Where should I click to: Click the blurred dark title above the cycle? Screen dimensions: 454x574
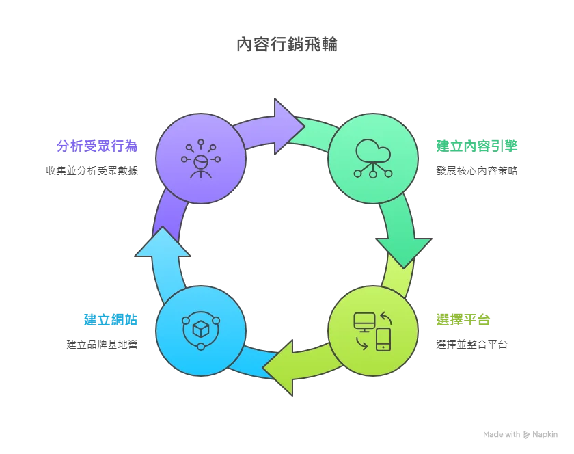[x=287, y=45]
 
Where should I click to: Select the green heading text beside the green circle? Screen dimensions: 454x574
[x=477, y=145]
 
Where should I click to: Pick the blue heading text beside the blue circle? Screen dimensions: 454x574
[x=112, y=319]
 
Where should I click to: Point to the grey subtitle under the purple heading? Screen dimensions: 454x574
[x=93, y=169]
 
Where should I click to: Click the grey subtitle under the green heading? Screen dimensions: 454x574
[x=476, y=169]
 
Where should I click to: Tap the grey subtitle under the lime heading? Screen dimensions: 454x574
[x=470, y=345]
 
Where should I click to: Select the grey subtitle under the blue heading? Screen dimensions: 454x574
[x=104, y=345]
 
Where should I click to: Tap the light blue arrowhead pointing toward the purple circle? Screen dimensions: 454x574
[x=162, y=243]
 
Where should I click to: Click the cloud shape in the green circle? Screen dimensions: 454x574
[x=373, y=150]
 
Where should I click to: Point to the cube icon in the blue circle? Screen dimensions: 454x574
[x=201, y=330]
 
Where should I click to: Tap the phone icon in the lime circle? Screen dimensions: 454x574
[x=383, y=339]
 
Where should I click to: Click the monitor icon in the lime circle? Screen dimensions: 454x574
[x=364, y=321]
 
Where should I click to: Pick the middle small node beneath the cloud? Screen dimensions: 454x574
[x=373, y=174]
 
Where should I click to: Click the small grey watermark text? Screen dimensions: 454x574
[x=519, y=431]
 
